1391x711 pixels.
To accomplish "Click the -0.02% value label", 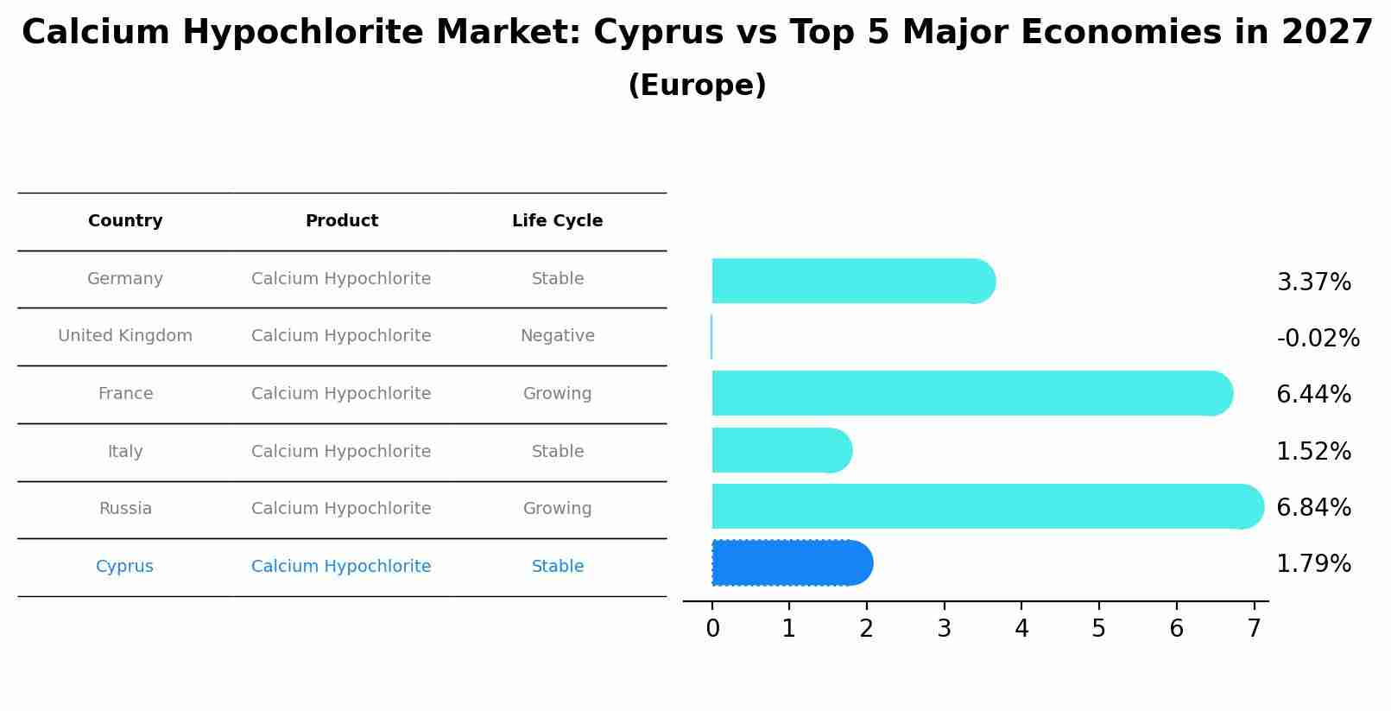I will pos(1318,339).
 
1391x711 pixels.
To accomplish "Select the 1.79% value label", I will pos(1313,564).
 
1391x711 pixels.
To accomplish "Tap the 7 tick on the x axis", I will pos(1254,629).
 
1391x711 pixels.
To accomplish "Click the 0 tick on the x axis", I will pos(712,629).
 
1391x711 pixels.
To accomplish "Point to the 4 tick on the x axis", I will pos(1021,629).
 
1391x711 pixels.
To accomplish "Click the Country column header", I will pos(125,221).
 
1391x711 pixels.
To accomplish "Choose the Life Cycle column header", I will pos(557,221).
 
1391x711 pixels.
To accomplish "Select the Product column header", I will pos(342,221).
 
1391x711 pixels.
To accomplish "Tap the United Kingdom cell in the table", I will pos(125,336).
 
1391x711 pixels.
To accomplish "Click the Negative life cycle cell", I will pos(557,336).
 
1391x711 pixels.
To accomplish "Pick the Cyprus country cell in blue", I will pos(124,567).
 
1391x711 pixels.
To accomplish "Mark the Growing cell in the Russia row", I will pos(557,509).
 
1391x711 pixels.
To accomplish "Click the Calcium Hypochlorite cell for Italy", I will pos(341,452).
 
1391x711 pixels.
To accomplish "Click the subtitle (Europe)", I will pos(697,86).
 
